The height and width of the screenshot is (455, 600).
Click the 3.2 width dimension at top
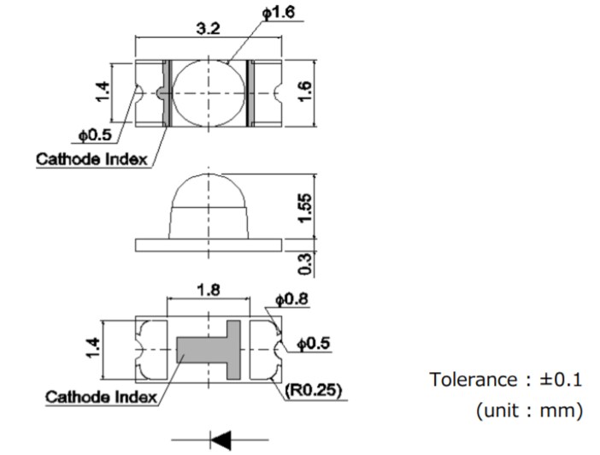[208, 28]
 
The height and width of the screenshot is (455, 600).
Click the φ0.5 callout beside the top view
[95, 135]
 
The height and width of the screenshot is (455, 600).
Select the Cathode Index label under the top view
[91, 159]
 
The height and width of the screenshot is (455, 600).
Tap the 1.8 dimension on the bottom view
[208, 290]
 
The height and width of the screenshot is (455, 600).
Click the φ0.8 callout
[291, 300]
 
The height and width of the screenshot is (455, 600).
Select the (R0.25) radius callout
[313, 390]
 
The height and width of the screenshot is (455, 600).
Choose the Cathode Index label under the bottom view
[100, 397]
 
